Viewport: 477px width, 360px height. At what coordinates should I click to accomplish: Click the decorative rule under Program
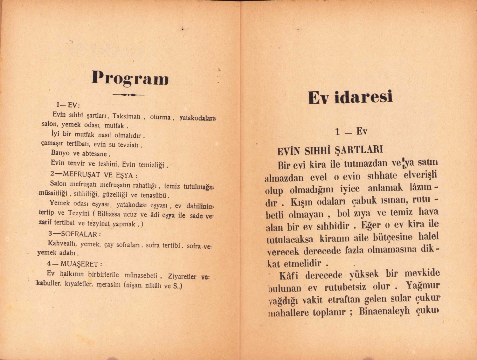pos(128,94)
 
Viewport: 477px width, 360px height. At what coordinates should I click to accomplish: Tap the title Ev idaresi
pos(350,97)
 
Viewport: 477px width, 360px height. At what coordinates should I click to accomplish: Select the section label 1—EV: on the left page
pos(68,105)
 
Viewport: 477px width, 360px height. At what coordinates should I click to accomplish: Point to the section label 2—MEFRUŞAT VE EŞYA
pos(94,175)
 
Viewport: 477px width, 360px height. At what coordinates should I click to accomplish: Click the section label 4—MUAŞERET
pos(75,264)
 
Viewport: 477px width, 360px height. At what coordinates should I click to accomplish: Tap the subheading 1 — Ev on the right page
pos(351,131)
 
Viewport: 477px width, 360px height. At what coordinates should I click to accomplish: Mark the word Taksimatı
pos(126,116)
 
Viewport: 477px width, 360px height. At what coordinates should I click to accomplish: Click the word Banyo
pos(60,153)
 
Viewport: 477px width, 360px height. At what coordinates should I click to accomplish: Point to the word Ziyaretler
pos(182,276)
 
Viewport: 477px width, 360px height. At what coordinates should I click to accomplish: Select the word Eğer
pos(371,225)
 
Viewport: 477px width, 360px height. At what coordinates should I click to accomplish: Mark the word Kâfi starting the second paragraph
pos(289,275)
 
